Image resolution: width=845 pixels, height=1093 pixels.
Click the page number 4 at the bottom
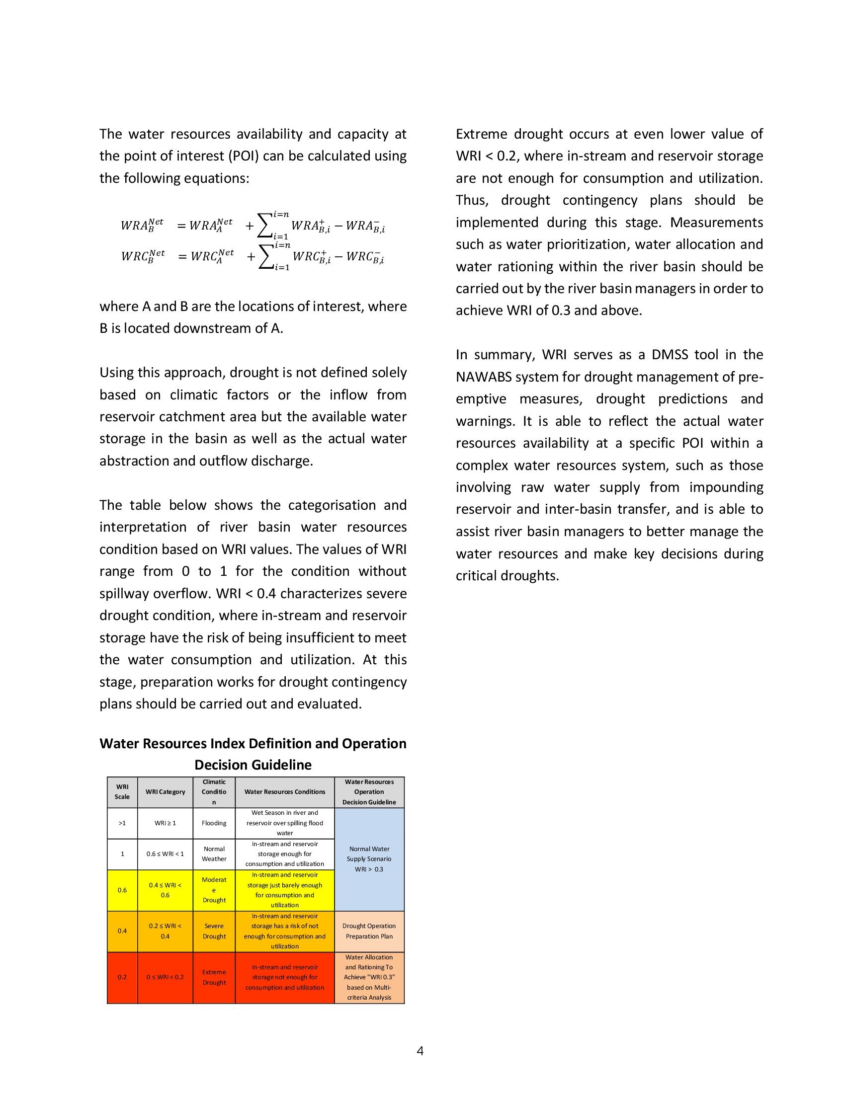420,1050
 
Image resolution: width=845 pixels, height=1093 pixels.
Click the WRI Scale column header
122,792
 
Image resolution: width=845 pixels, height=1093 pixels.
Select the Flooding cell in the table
214,823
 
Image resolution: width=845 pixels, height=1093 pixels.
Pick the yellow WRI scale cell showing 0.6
122,890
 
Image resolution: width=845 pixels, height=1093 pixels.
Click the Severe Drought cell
214,931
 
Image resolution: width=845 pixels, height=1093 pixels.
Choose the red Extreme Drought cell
214,977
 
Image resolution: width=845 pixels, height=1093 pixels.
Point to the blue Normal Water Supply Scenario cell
369,859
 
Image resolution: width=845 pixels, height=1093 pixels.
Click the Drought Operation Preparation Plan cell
369,931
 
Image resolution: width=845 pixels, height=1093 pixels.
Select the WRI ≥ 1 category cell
165,823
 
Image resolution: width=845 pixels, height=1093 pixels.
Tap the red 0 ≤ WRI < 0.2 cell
165,977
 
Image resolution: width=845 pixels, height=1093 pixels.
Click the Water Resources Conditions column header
284,792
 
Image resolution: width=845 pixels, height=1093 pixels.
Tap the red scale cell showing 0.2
122,977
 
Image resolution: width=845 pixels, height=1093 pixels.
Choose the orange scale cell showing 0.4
122,931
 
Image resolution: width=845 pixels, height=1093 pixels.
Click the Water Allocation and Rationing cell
369,977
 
